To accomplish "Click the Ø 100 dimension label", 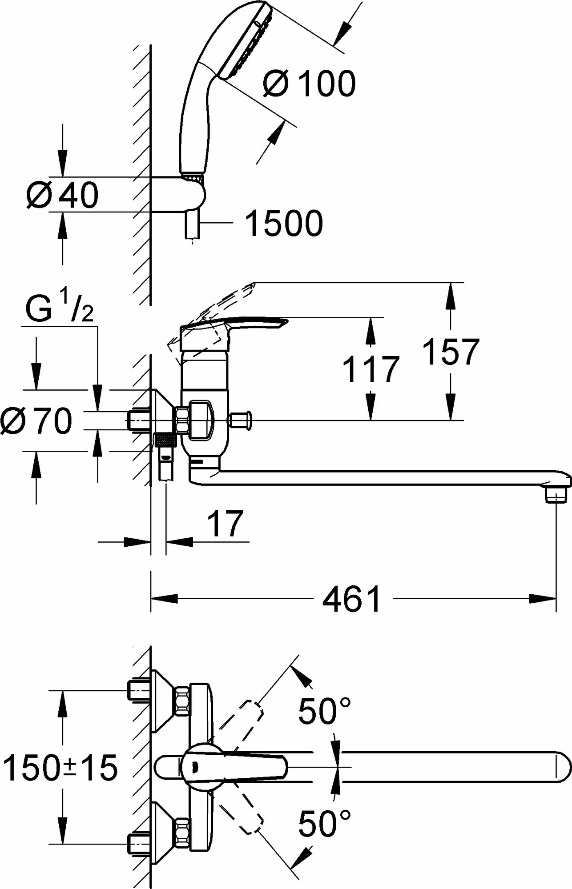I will coord(310,83).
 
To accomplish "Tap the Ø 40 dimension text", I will coord(62,195).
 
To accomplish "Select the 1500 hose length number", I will coord(284,224).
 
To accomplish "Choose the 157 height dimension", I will coord(450,352).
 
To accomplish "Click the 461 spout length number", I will coord(351,599).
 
